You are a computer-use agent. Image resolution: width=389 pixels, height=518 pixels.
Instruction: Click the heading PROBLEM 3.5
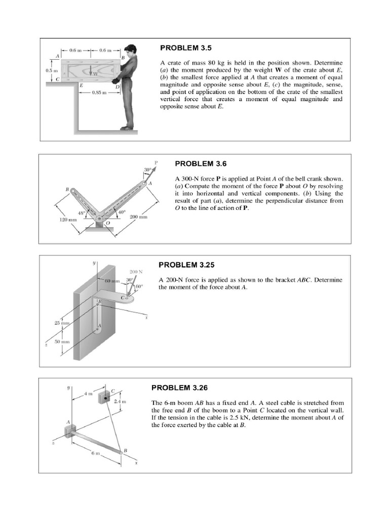(185, 48)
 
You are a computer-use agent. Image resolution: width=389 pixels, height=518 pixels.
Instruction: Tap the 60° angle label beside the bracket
(138, 286)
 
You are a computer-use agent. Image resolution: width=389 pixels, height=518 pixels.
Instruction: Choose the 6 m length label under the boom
(96, 453)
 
